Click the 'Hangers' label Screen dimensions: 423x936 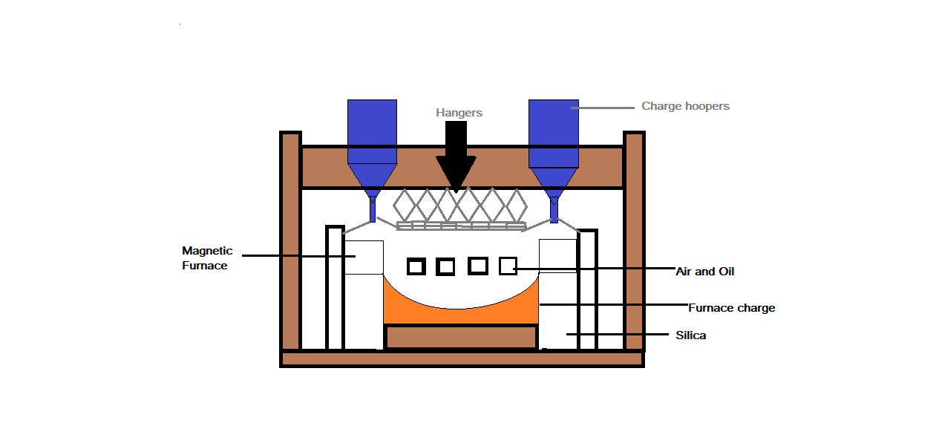(459, 113)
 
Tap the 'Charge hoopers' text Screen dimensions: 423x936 (685, 106)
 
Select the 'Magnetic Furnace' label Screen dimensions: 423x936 (207, 258)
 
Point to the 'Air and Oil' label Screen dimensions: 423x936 (704, 272)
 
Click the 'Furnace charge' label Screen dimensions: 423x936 (731, 308)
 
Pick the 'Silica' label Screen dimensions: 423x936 (690, 335)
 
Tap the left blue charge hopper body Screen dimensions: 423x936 (372, 131)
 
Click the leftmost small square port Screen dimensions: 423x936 (416, 266)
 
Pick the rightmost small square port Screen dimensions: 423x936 (508, 266)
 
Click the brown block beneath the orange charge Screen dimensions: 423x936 (461, 337)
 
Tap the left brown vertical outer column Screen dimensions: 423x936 (290, 241)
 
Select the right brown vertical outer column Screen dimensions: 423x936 (634, 241)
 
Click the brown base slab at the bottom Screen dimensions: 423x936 (461, 358)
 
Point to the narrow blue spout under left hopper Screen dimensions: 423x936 (373, 209)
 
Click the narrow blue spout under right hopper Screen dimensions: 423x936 (553, 210)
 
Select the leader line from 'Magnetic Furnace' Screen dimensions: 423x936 (297, 256)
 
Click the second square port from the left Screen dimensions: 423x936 (445, 266)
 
